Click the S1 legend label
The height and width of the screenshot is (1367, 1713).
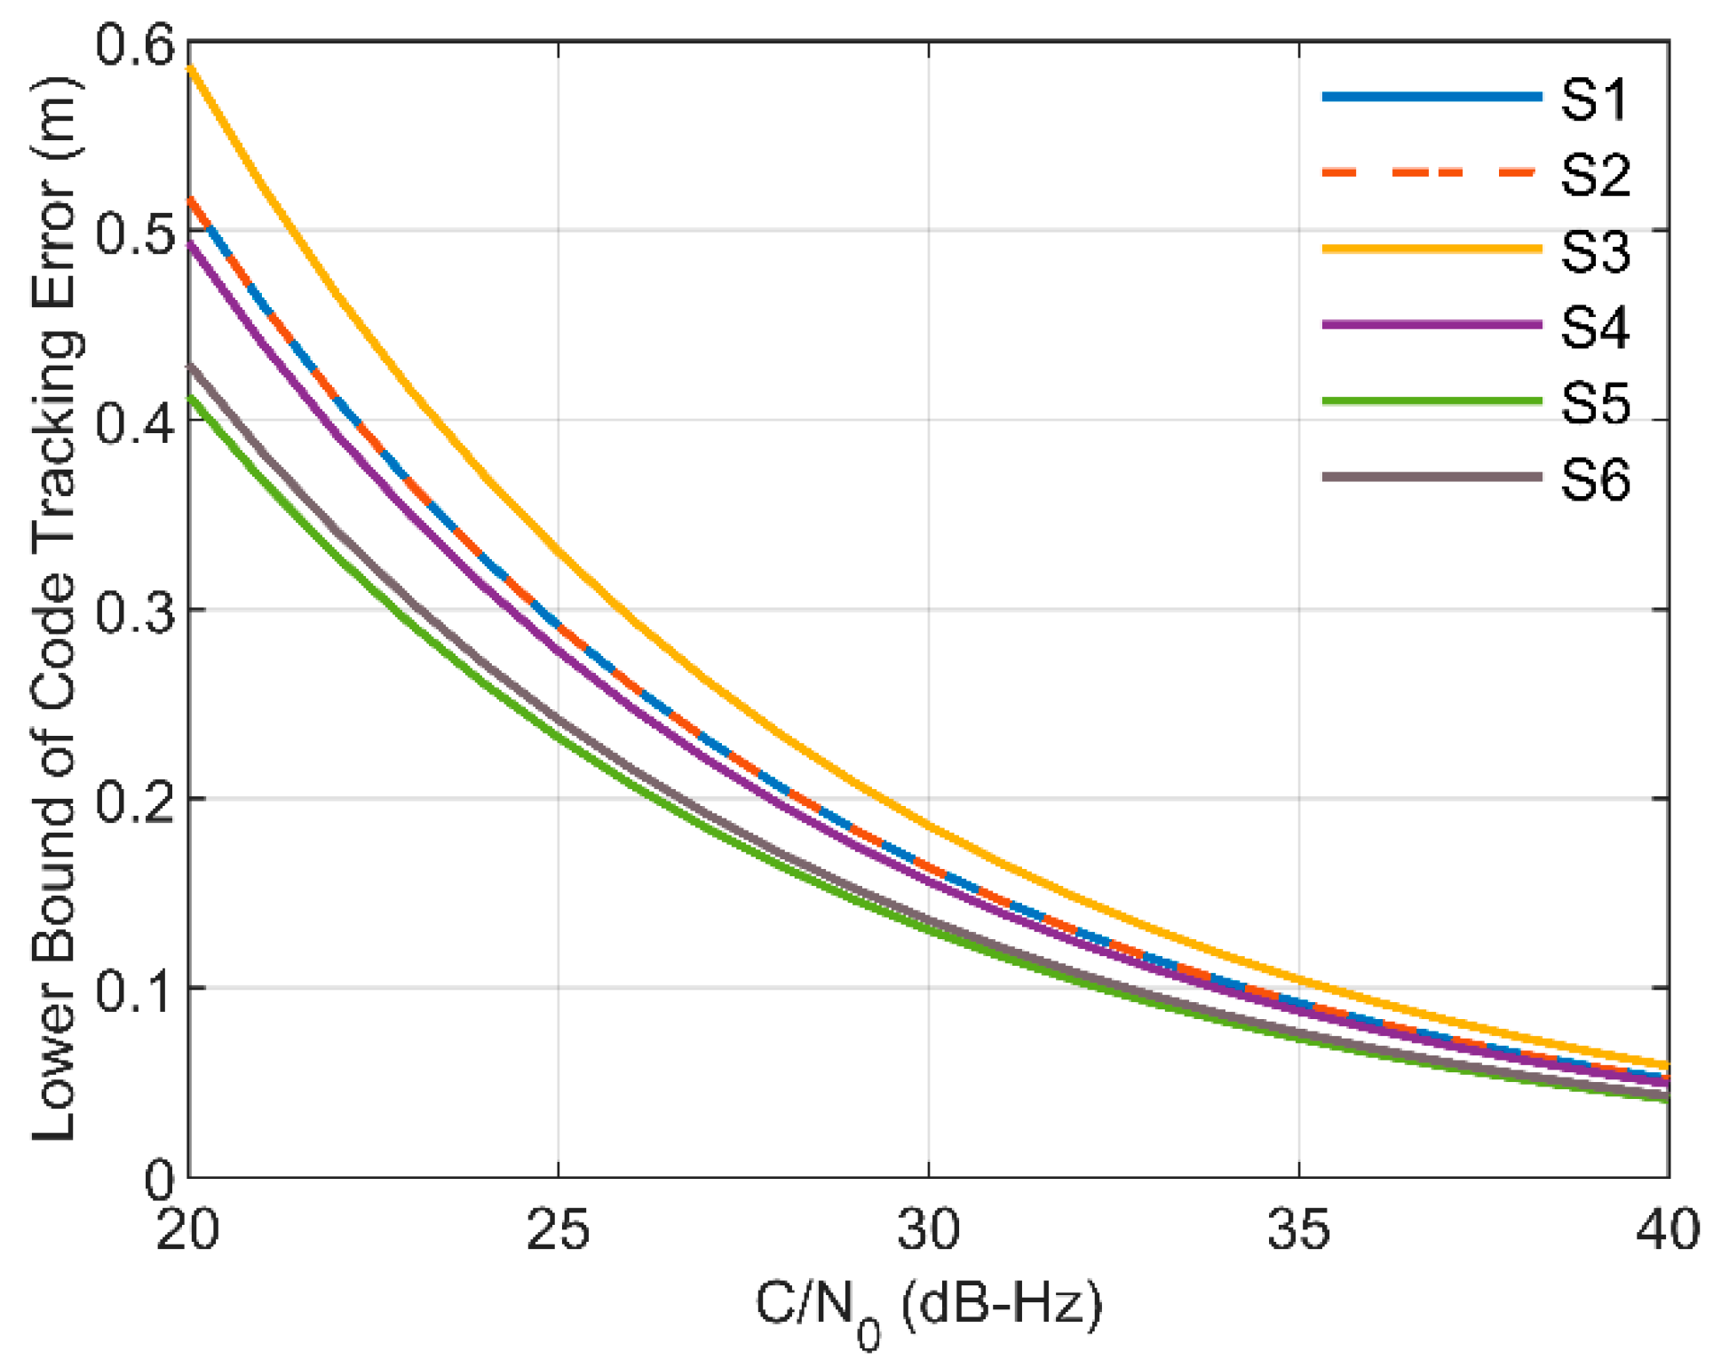pos(1595,99)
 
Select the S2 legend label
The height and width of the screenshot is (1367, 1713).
pos(1596,175)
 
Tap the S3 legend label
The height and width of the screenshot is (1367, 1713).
pos(1596,251)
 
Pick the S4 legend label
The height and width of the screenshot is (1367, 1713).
pos(1596,328)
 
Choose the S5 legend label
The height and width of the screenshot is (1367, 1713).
pos(1596,404)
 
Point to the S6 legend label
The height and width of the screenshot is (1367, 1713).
pos(1596,480)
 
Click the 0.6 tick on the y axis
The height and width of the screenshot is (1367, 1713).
pos(135,44)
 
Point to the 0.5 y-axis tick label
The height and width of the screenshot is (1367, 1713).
pos(135,233)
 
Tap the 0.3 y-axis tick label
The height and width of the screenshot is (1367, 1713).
pos(135,612)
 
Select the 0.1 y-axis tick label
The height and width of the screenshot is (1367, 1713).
pos(135,990)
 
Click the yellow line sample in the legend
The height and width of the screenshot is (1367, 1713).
pos(1431,249)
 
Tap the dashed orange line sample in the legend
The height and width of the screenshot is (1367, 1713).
pos(1431,172)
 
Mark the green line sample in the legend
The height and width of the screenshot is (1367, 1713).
pos(1431,401)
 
